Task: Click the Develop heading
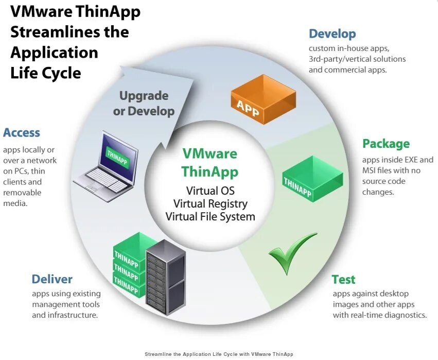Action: click(332, 35)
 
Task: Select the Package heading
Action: click(386, 144)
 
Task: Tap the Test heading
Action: click(343, 280)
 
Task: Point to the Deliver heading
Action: click(52, 279)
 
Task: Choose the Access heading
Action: click(22, 133)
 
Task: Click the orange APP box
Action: click(263, 99)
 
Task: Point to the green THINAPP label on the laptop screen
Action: click(117, 156)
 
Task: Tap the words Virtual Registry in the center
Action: click(210, 203)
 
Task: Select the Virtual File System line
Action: click(210, 216)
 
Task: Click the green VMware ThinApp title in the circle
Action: click(210, 162)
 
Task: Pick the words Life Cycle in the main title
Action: click(45, 73)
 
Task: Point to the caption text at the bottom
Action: click(219, 354)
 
